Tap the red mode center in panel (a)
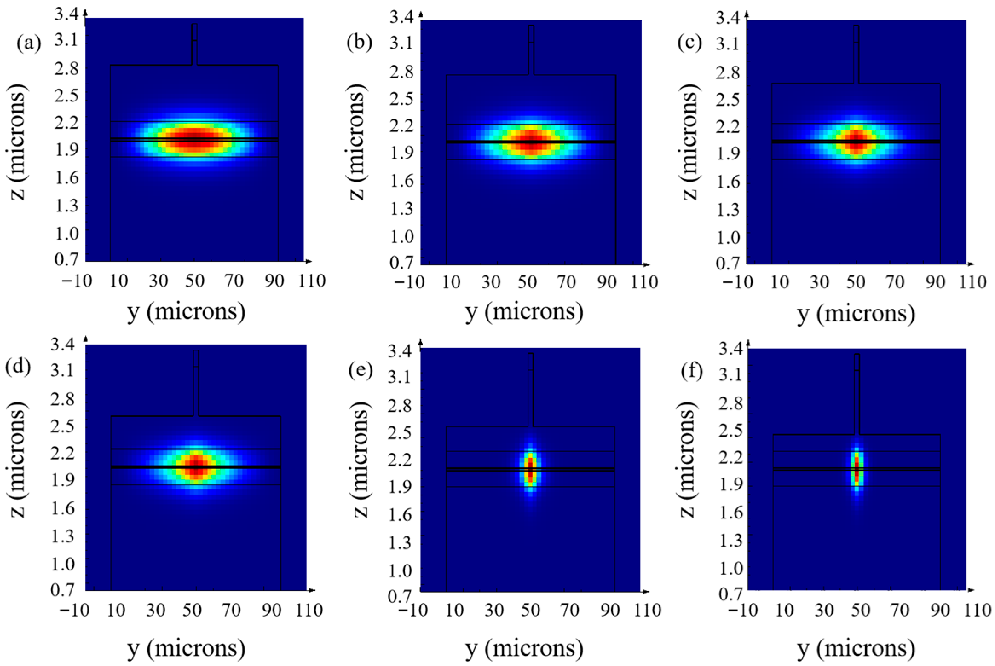194,139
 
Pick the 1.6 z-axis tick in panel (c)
729,183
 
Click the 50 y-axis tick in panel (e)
531,611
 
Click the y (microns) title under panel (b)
524,313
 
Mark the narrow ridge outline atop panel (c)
856,54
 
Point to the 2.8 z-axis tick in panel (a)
67,69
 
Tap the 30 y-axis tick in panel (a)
159,281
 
